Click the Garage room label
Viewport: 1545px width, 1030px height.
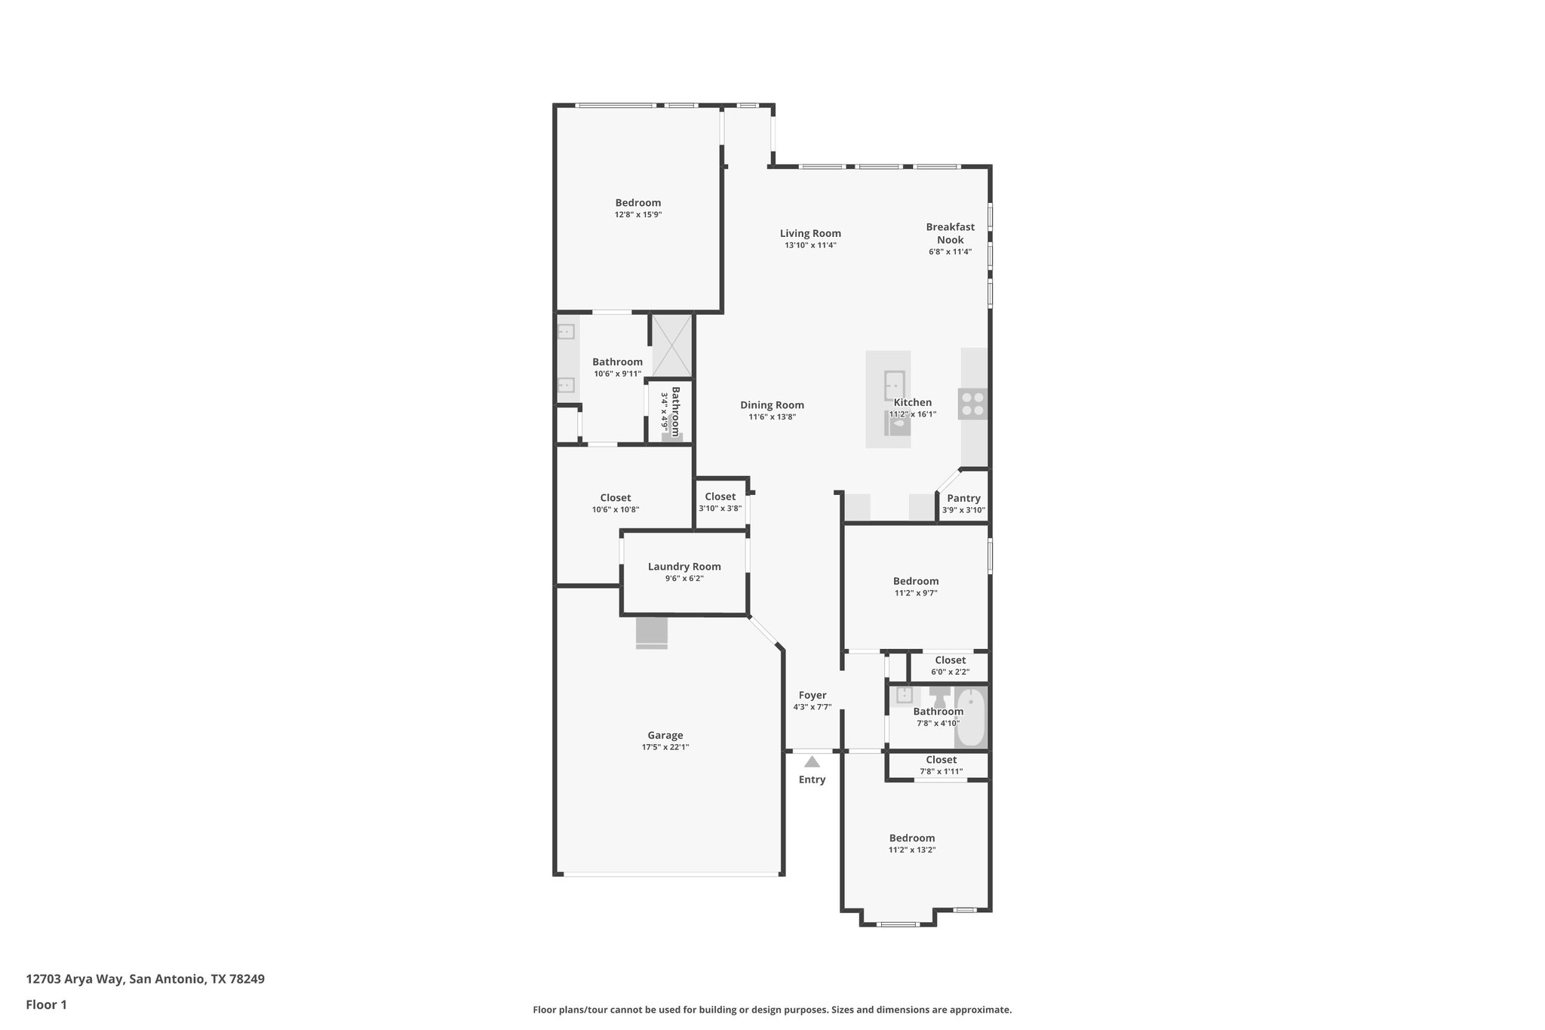coord(665,735)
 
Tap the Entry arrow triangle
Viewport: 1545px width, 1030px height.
coord(812,762)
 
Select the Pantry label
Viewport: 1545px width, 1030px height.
coord(963,498)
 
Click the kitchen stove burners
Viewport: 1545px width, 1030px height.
coord(972,404)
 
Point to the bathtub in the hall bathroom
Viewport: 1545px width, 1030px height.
coord(971,718)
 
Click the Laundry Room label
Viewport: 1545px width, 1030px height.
coord(684,567)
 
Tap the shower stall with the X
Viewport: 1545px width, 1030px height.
coord(671,346)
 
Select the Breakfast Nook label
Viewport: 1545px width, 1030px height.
coord(950,233)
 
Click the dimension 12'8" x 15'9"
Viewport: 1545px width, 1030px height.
coord(638,215)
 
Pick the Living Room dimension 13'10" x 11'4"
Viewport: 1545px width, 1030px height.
coord(810,245)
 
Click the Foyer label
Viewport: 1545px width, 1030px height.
coord(812,695)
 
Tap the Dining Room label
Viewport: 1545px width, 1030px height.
coord(772,405)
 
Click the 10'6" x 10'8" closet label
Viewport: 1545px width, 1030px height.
coord(616,498)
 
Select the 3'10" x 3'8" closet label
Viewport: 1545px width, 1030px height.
coord(720,497)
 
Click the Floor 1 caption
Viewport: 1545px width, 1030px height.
coord(47,1004)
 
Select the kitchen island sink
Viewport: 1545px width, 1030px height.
coord(894,385)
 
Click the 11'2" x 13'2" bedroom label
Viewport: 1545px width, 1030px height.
coord(911,838)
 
